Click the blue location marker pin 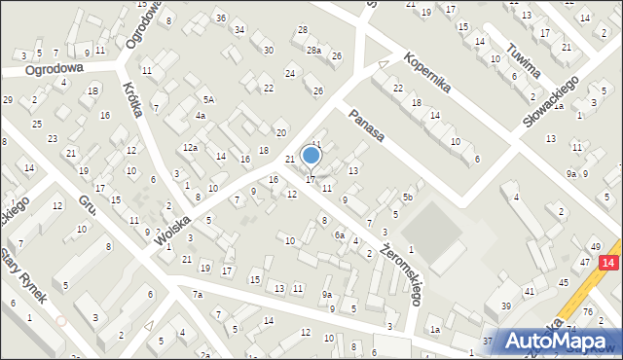(311, 156)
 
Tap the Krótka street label (133, 100)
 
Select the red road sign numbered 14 (607, 263)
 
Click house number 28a (313, 50)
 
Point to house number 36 (221, 18)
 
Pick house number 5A (208, 99)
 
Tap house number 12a (191, 148)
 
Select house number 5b (409, 198)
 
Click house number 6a (340, 234)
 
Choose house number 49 (595, 247)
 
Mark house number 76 (588, 310)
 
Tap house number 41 (531, 292)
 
